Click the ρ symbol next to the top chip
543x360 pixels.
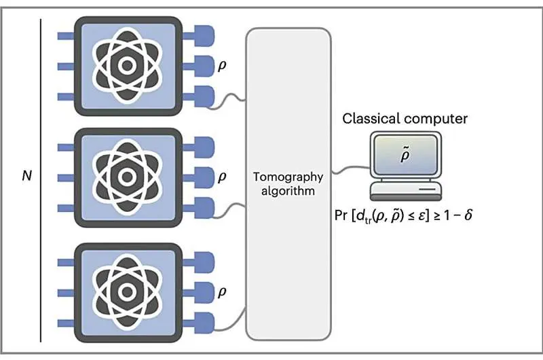221,68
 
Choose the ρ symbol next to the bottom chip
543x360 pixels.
221,293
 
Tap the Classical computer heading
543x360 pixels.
405,119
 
